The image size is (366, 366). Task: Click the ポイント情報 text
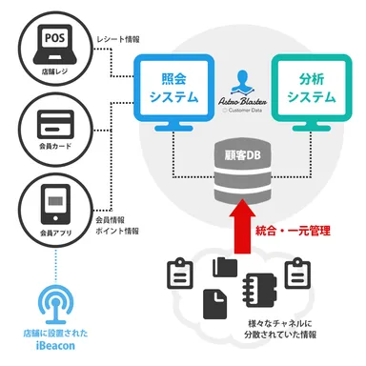click(x=120, y=231)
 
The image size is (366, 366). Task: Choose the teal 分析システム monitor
click(x=310, y=91)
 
